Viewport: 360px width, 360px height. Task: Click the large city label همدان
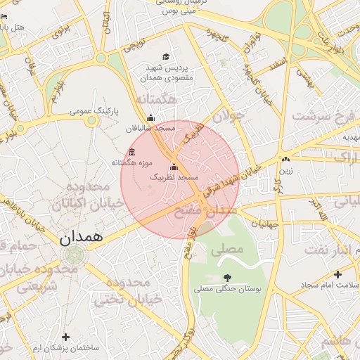pyautogui.click(x=81, y=237)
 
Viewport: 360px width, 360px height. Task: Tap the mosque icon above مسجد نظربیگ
pyautogui.click(x=174, y=167)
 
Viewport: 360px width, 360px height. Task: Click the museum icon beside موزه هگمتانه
pyautogui.click(x=131, y=153)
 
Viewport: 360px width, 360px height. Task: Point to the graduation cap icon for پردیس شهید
pyautogui.click(x=166, y=57)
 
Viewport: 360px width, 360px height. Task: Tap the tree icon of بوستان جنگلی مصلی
pyautogui.click(x=226, y=278)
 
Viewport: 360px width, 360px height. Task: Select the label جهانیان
pyautogui.click(x=265, y=224)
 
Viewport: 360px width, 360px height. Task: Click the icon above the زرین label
pyautogui.click(x=285, y=160)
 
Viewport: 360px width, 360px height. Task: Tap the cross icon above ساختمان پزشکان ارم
pyautogui.click(x=66, y=337)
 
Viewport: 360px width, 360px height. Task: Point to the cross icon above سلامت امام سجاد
pyautogui.click(x=337, y=274)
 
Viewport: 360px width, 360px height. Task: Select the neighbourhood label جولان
pyautogui.click(x=227, y=116)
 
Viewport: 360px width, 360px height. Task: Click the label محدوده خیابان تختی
pyautogui.click(x=134, y=290)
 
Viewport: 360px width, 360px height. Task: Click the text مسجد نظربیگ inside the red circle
pyautogui.click(x=174, y=179)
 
